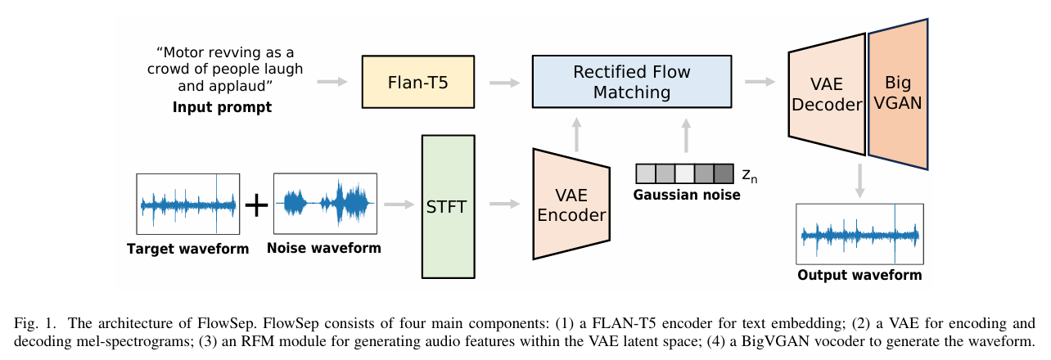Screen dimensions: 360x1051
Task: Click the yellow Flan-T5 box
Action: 417,82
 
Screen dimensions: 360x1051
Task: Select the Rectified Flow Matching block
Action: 631,82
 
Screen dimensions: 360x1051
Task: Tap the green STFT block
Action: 448,205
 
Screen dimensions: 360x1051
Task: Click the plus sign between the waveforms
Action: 257,205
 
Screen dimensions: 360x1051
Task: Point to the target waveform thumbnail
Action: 188,205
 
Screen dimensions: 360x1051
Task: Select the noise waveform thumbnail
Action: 325,205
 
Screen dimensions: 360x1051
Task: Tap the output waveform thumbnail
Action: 859,234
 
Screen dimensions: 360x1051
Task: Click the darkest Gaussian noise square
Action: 724,173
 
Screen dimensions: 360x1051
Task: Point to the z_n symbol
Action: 749,174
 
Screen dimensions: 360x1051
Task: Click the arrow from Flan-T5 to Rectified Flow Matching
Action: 504,82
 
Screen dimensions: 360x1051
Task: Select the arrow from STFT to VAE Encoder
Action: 503,204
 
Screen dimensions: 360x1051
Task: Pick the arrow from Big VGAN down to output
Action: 859,180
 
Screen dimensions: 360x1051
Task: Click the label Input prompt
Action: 222,107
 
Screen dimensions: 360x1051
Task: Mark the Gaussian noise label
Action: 688,195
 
